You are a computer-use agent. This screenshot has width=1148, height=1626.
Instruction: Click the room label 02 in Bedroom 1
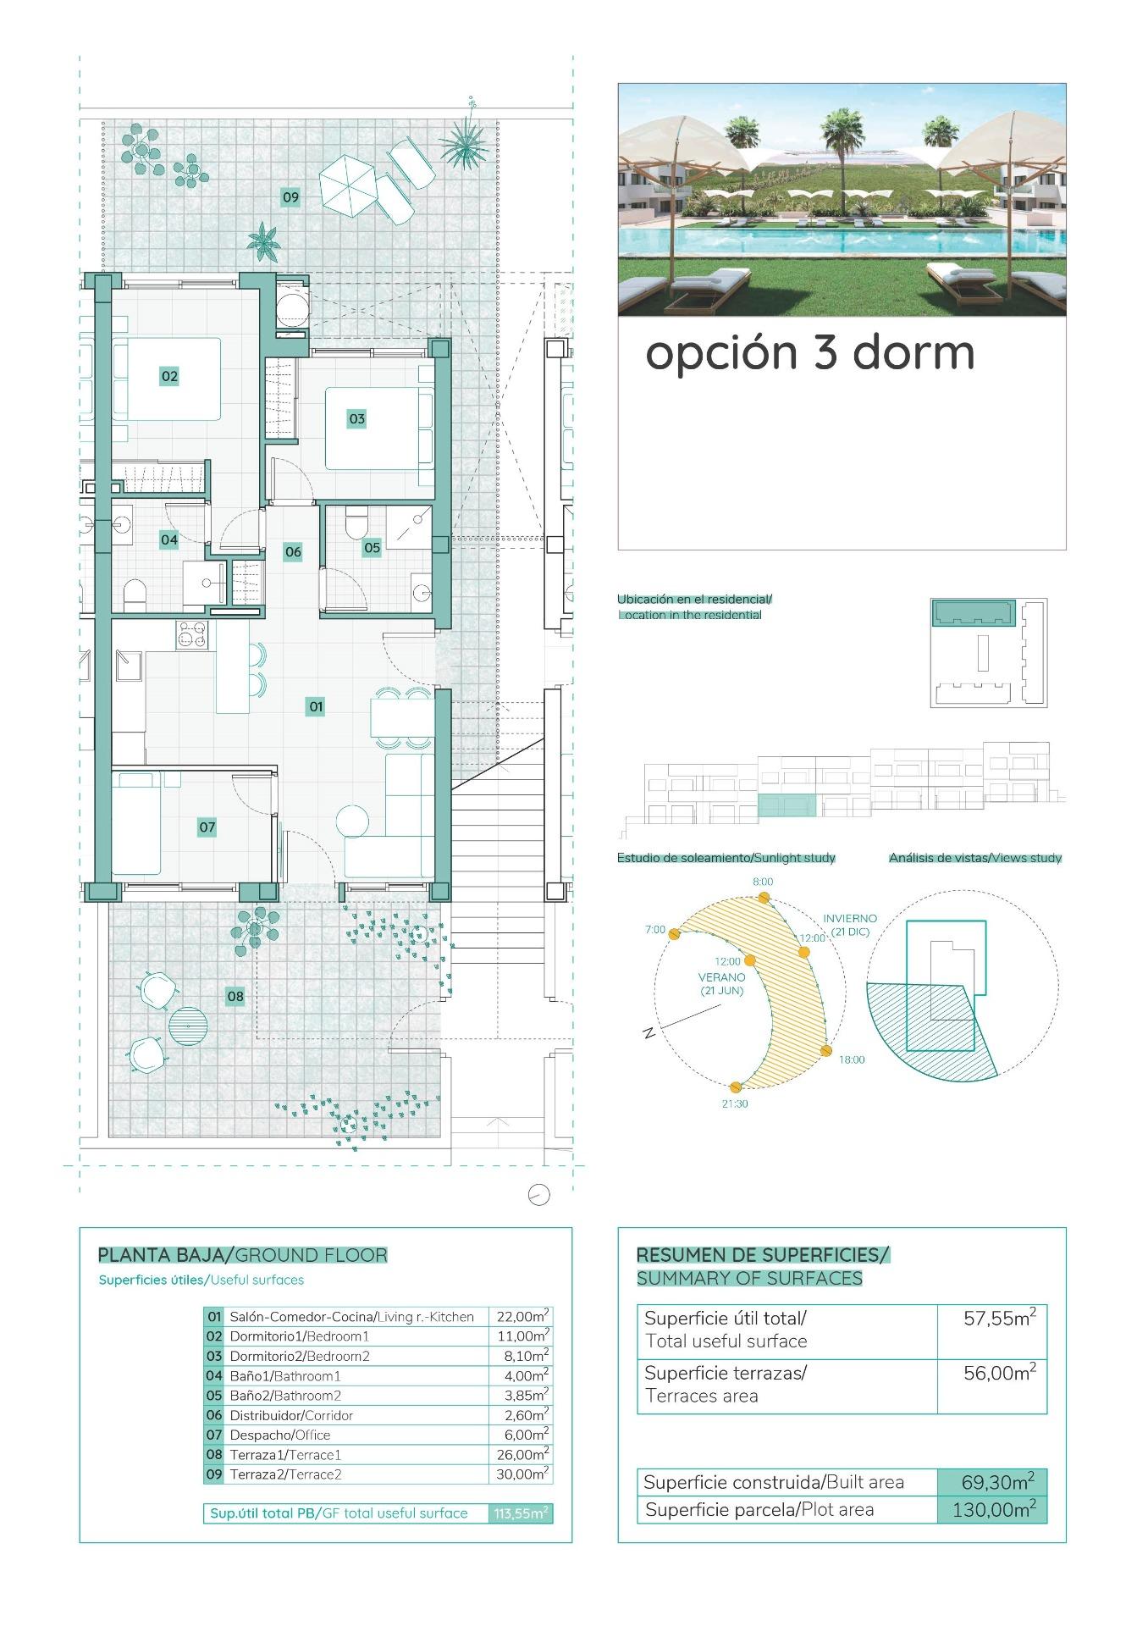(x=169, y=376)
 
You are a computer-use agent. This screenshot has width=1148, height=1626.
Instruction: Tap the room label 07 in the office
(x=207, y=827)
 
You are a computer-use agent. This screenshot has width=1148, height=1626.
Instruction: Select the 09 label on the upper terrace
(x=290, y=197)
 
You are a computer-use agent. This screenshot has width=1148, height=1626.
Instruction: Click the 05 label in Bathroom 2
(x=372, y=548)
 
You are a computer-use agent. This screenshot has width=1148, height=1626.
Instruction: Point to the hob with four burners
(x=191, y=635)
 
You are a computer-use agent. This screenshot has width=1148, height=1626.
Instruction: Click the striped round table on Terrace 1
(x=187, y=1025)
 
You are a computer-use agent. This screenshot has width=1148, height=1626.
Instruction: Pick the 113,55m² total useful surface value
(x=521, y=1513)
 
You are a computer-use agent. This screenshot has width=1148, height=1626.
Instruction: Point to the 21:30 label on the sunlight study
(x=735, y=1103)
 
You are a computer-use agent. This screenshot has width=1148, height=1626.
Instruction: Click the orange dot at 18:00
(x=827, y=1050)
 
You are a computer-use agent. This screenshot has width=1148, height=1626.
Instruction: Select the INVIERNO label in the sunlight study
(x=850, y=918)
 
